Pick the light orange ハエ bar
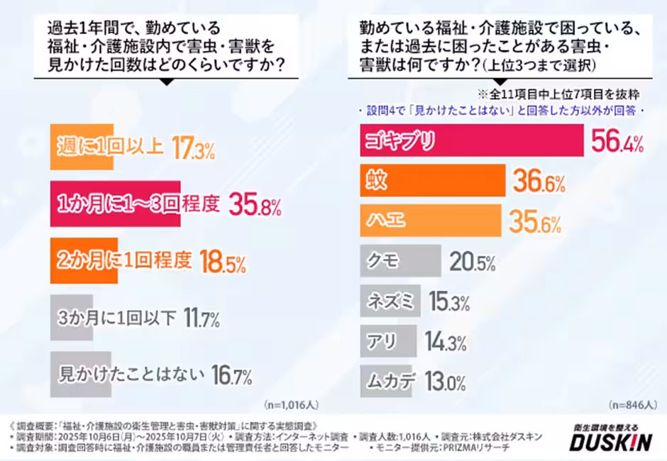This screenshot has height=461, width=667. click(x=433, y=221)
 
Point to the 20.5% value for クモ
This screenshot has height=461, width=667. click(x=472, y=262)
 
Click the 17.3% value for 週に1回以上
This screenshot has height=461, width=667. click(x=193, y=149)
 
